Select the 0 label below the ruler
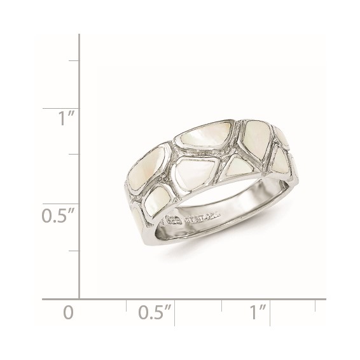pyautogui.click(x=69, y=313)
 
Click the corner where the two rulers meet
pyautogui.click(x=79, y=298)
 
